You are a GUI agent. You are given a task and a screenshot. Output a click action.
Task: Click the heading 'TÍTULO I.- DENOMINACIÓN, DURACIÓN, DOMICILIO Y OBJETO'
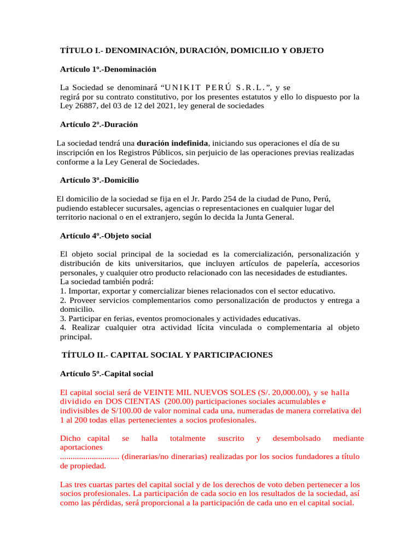point(191,50)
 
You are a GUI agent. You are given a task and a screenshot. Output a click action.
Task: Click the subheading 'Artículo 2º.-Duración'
point(98,125)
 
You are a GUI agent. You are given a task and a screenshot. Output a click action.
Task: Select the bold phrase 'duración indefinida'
point(173,143)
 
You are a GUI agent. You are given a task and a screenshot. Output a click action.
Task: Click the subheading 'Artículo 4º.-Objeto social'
point(105,236)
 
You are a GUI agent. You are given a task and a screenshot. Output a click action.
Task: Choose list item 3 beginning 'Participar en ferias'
point(180,318)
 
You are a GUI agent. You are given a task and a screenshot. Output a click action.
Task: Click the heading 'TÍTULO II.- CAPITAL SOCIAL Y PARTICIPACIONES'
point(167,355)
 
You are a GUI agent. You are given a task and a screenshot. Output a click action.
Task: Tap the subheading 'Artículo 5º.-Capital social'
point(106,374)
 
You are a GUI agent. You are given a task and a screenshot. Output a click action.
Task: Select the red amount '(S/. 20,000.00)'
point(282,393)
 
